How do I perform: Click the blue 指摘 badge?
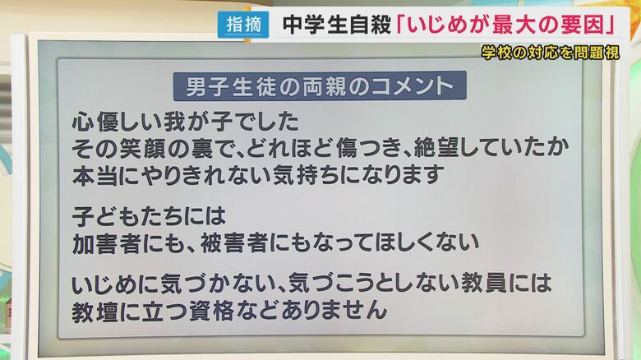(244, 25)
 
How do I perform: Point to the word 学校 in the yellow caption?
(496, 52)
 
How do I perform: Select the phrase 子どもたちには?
(148, 216)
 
